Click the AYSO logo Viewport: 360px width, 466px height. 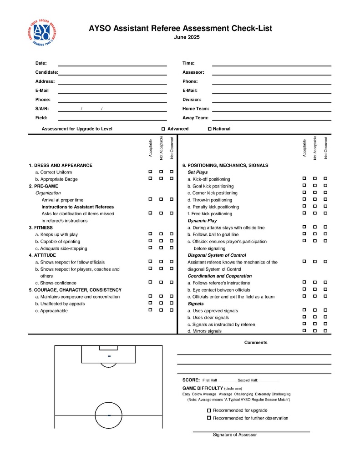click(41, 33)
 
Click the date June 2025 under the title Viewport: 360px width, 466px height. click(187, 37)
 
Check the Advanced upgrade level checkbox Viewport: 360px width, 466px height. click(163, 129)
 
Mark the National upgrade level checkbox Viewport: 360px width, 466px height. click(210, 129)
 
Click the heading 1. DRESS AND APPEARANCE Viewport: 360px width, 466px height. click(61, 166)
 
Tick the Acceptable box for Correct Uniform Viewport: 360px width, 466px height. click(150, 172)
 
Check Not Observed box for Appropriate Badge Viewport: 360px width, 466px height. click(172, 178)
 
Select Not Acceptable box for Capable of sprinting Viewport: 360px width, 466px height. click(161, 241)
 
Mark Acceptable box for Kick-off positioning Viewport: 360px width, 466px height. click(304, 178)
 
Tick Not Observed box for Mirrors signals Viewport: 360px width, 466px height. click(325, 330)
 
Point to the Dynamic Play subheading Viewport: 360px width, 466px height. click(202, 221)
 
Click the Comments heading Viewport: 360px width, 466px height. click(256, 343)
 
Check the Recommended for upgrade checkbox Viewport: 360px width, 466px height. click(209, 410)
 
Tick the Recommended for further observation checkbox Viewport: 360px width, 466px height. click(209, 418)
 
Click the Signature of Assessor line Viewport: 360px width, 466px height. click(251, 431)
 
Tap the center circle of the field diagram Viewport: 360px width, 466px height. click(109, 415)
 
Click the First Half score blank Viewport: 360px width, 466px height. click(227, 381)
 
